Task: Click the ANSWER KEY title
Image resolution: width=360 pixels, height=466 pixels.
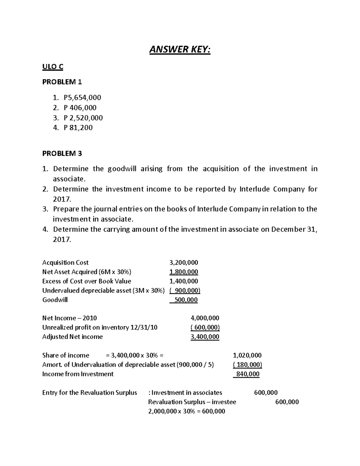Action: [180, 50]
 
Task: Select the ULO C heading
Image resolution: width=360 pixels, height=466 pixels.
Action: [53, 67]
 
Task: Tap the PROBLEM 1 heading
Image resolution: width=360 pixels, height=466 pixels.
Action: [62, 82]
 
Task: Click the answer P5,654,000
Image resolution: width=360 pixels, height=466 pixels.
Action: [82, 98]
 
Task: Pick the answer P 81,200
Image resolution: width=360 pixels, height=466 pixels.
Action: [78, 128]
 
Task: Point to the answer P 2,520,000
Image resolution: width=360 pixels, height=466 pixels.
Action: [83, 118]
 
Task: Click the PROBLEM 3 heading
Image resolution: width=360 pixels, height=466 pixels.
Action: [62, 154]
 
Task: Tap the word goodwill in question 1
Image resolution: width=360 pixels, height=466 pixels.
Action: [122, 169]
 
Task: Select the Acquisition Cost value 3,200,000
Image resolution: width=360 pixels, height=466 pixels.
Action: [184, 263]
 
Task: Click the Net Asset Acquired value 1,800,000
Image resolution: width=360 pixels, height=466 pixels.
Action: [184, 272]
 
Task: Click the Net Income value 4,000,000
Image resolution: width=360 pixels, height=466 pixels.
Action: [205, 318]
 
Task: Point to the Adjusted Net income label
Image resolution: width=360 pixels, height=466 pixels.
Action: [72, 337]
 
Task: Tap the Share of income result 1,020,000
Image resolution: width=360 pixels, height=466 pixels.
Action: [247, 355]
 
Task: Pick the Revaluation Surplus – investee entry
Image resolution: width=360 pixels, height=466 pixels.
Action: [192, 402]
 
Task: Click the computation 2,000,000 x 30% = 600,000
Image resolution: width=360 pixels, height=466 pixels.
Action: [187, 411]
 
